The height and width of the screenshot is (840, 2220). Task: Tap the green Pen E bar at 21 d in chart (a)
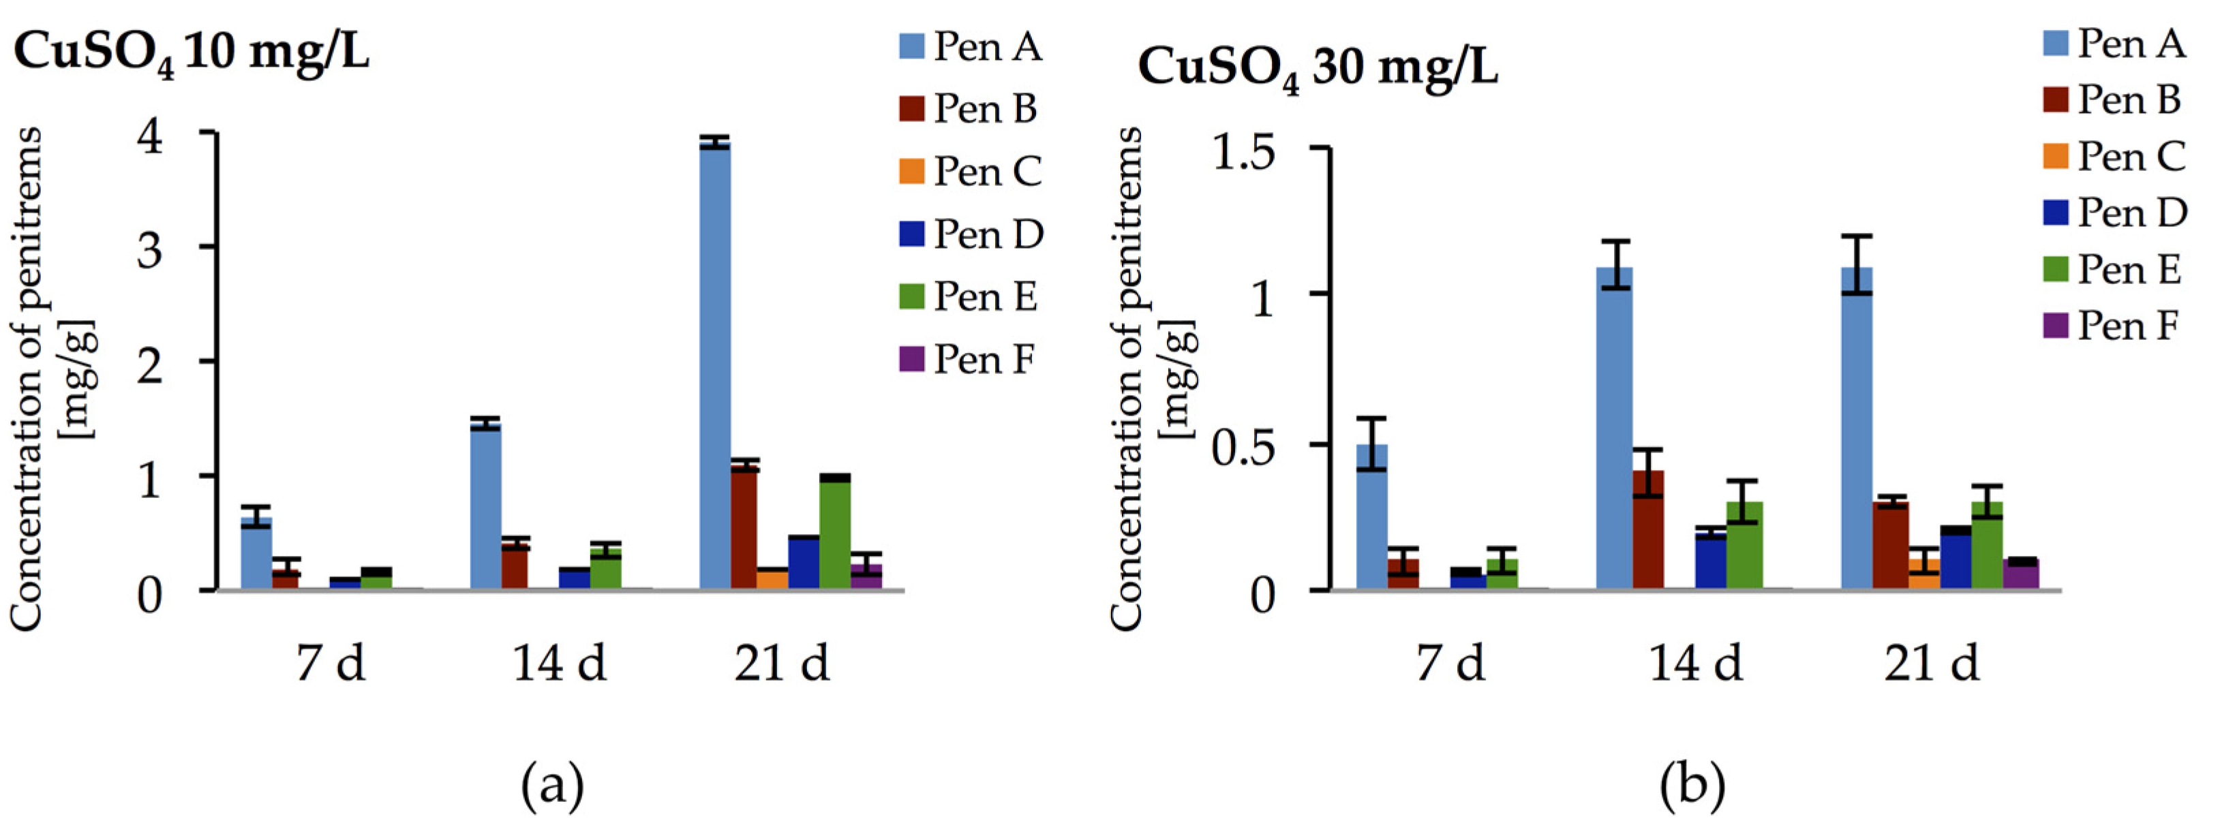(x=834, y=534)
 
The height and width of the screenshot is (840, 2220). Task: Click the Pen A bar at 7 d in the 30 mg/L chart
(x=1371, y=517)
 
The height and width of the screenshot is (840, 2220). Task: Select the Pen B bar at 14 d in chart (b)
(x=1647, y=530)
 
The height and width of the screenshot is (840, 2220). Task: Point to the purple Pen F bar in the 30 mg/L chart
(x=2021, y=576)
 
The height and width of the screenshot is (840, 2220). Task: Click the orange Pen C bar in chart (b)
(x=1924, y=576)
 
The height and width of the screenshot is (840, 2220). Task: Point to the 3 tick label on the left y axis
(x=151, y=250)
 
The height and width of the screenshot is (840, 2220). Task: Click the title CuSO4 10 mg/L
(x=192, y=53)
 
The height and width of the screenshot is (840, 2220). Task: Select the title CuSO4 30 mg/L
(x=1318, y=67)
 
